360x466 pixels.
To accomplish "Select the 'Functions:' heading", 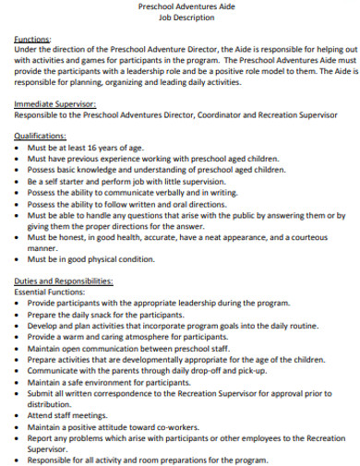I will [33, 40].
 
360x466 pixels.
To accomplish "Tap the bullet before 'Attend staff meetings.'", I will [19, 414].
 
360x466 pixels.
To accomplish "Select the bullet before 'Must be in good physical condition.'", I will [19, 259].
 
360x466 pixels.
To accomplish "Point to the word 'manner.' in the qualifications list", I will [42, 248].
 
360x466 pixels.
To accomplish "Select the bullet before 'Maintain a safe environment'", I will [19, 381].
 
